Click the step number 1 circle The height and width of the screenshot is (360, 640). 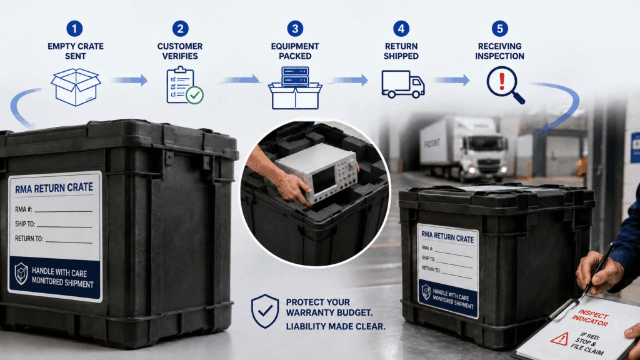coord(74,29)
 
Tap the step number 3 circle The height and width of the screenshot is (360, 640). coord(295,29)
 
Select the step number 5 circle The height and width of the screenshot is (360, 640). coord(499,29)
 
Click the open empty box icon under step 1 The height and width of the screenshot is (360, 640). coord(76,87)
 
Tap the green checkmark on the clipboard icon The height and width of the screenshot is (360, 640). coord(195,95)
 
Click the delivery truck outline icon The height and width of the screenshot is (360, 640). coord(403,84)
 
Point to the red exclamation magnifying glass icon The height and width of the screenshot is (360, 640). coord(505,85)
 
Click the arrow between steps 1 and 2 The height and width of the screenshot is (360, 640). coord(130,80)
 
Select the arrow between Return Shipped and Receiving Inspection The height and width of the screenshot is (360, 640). coord(452,80)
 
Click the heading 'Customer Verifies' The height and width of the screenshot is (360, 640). coord(180,51)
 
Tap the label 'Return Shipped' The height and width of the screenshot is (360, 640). coord(401,51)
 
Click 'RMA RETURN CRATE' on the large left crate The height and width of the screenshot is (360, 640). coord(54,188)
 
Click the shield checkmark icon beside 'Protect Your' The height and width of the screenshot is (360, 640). coord(265,311)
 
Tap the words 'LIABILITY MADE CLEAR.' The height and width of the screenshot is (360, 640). coord(336,326)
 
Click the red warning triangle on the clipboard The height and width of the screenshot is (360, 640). coord(559,338)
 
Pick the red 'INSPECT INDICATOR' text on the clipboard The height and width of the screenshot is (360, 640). coord(590,317)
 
